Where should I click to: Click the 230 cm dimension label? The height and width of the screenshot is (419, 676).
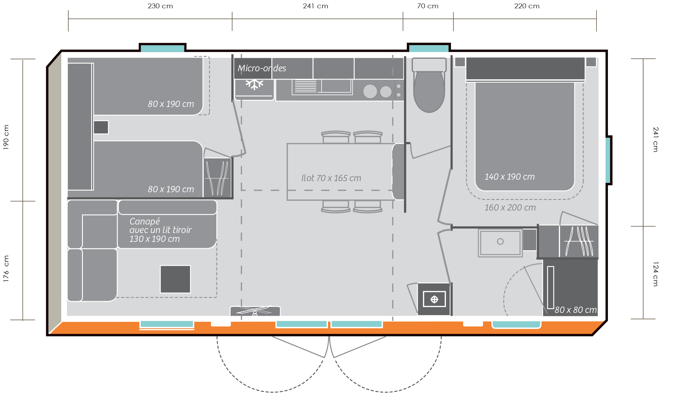click(x=160, y=6)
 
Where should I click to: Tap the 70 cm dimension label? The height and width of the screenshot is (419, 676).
click(x=428, y=6)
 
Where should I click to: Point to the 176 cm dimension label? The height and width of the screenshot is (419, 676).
click(x=6, y=268)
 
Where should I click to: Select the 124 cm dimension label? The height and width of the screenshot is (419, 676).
click(x=655, y=274)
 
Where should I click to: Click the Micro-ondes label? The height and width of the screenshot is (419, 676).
click(x=262, y=68)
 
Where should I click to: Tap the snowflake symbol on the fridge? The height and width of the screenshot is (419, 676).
click(x=254, y=84)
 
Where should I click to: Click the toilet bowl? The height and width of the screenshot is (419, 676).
click(x=429, y=91)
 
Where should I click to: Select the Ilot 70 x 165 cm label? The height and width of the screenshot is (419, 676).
click(x=331, y=178)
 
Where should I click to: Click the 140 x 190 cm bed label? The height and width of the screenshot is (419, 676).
click(x=510, y=177)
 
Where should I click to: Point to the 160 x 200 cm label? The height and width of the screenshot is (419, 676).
click(x=510, y=207)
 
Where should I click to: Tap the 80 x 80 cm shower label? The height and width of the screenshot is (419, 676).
click(x=575, y=310)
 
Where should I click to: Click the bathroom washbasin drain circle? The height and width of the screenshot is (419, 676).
click(x=500, y=242)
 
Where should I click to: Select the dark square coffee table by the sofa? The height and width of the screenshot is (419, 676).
click(x=175, y=279)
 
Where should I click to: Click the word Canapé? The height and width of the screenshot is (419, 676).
click(x=144, y=221)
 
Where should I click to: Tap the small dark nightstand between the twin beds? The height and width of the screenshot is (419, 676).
click(x=101, y=127)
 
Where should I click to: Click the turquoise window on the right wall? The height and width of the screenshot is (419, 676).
click(x=608, y=160)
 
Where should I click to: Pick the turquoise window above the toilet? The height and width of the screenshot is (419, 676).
click(x=429, y=48)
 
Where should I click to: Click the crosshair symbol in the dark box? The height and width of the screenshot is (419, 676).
click(x=434, y=299)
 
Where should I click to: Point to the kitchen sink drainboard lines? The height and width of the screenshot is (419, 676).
click(x=305, y=86)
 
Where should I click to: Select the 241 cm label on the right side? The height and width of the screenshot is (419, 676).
click(x=655, y=139)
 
